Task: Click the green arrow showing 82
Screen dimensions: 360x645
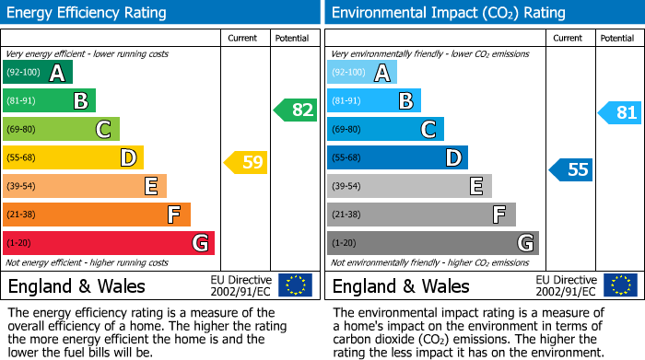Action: [296, 110]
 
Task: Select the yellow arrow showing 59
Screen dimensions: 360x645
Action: [246, 163]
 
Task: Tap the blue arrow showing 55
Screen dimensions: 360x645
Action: [571, 169]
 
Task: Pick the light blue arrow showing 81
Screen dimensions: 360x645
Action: [620, 113]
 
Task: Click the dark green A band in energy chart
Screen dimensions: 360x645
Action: [38, 73]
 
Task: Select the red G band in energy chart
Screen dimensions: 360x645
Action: [109, 243]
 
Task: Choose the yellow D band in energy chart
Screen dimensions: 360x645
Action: [73, 158]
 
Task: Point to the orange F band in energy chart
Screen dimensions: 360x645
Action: [97, 215]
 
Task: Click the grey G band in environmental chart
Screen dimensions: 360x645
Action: [432, 243]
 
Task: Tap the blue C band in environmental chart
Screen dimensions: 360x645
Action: [385, 129]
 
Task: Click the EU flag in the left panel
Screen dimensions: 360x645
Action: [295, 285]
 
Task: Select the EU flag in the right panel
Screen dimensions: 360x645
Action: [619, 285]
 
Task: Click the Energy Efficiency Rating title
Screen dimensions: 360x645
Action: [88, 13]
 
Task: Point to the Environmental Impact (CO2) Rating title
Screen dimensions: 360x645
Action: [448, 13]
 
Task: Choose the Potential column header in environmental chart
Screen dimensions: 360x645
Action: [616, 38]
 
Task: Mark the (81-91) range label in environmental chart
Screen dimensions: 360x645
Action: [346, 101]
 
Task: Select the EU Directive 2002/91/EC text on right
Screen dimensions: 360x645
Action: [566, 285]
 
